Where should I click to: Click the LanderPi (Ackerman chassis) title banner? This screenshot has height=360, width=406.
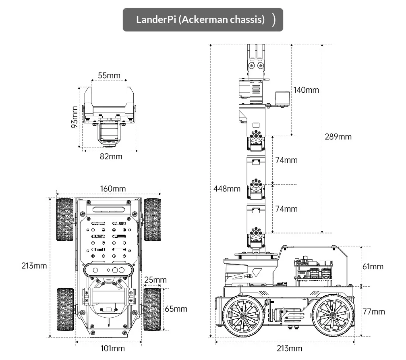point(203,20)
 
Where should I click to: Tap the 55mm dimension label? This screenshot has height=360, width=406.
point(109,75)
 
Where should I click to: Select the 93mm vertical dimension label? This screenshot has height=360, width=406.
point(75,117)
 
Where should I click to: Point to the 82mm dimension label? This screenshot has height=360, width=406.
point(111,156)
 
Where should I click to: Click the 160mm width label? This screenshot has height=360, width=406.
point(113,189)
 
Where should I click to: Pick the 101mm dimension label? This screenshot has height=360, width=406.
point(113,348)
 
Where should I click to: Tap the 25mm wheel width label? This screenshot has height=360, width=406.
point(155,280)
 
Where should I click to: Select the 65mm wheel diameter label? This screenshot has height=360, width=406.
point(176,309)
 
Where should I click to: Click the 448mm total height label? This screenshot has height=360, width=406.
point(227,189)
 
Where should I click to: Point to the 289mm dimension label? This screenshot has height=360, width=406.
point(338,137)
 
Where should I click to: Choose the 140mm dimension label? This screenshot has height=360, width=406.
point(306,90)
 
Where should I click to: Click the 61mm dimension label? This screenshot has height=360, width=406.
point(373,266)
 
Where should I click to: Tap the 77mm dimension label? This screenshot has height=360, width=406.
point(374,312)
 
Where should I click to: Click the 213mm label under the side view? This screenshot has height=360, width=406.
point(290,348)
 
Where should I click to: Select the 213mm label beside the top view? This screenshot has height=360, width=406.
point(34,266)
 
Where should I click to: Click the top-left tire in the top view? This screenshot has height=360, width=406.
point(65,220)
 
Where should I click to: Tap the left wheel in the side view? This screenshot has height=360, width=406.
point(243,316)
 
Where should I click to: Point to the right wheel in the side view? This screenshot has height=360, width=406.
point(333,315)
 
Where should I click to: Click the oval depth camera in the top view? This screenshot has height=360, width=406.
point(108,270)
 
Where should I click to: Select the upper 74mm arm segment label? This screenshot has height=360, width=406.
point(286,160)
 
